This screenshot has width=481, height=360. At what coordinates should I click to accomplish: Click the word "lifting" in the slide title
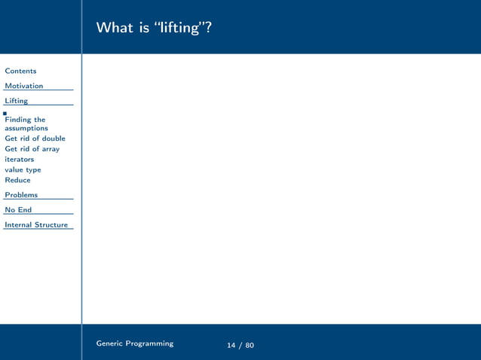pos(179,28)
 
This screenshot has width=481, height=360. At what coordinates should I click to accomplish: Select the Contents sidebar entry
pos(20,71)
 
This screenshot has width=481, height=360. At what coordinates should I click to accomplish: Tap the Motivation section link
pos(24,86)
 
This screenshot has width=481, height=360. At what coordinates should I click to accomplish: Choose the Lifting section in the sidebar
pos(16,101)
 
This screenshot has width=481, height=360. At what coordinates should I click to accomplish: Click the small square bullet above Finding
pos(5,113)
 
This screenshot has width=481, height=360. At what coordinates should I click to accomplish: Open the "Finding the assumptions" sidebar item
pos(26,124)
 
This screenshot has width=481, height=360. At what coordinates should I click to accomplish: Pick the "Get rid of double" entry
pos(35,139)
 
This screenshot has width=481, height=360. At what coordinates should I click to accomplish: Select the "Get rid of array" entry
pos(32,149)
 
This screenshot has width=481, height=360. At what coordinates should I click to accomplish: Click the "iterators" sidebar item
pos(19,160)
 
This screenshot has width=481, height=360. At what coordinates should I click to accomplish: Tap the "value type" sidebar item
pos(23,170)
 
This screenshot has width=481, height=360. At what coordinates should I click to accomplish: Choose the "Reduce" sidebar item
pos(17,181)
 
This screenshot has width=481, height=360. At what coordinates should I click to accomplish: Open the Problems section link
pos(21,195)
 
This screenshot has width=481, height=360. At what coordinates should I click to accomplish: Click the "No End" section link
pos(18,210)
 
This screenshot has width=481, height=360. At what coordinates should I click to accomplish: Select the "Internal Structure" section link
pos(36,224)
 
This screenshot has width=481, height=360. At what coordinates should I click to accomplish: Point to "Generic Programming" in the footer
pos(134,343)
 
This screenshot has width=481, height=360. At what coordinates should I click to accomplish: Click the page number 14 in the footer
pos(231,346)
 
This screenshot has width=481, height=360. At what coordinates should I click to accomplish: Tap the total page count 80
pos(250,346)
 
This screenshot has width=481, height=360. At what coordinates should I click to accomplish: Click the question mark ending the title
pos(207,28)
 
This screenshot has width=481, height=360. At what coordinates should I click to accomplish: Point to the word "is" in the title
pos(145,28)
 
